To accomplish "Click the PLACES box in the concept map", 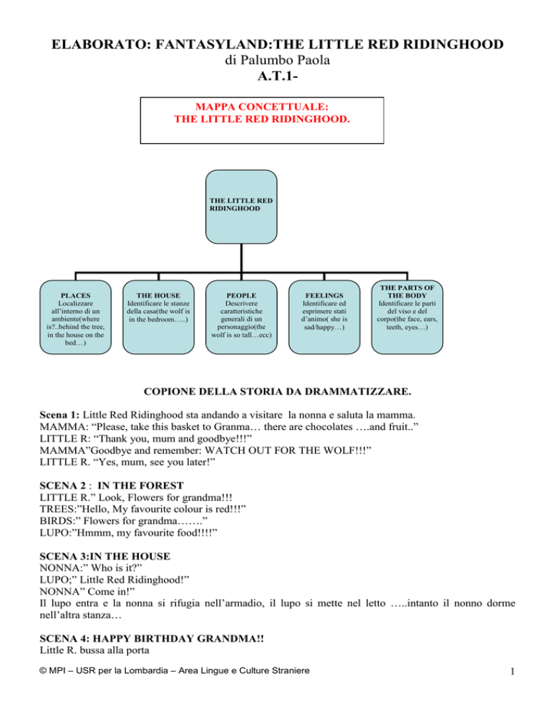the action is coord(76,317).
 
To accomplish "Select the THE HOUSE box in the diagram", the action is coord(158,317).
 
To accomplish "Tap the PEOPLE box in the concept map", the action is coord(241,317).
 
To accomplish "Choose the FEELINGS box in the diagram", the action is coord(324,317).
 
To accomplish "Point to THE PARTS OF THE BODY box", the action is coord(407,317).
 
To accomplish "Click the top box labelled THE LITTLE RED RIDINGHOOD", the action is coord(241,207).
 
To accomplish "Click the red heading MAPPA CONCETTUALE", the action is coord(262,107).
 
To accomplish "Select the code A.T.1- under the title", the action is coord(277,76).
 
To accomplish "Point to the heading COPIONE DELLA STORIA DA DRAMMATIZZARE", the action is coord(277,392).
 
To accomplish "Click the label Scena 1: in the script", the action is coord(59,415).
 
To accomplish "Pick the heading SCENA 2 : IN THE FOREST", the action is coord(111,485).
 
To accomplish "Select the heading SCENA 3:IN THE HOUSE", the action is coord(105,556).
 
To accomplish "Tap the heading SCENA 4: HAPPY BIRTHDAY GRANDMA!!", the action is coord(152,639).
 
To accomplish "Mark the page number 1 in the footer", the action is coord(512,671).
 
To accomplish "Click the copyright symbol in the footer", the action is coord(43,671).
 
